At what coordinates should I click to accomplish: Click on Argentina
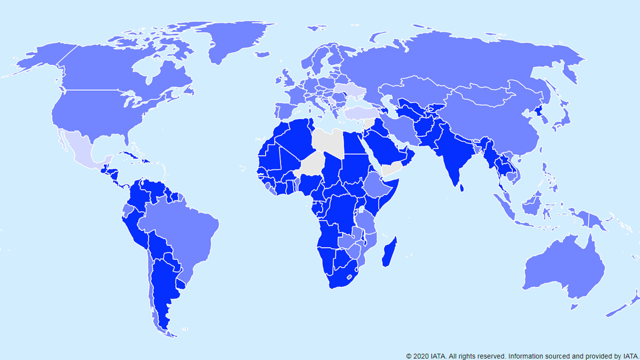[x=163, y=286]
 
